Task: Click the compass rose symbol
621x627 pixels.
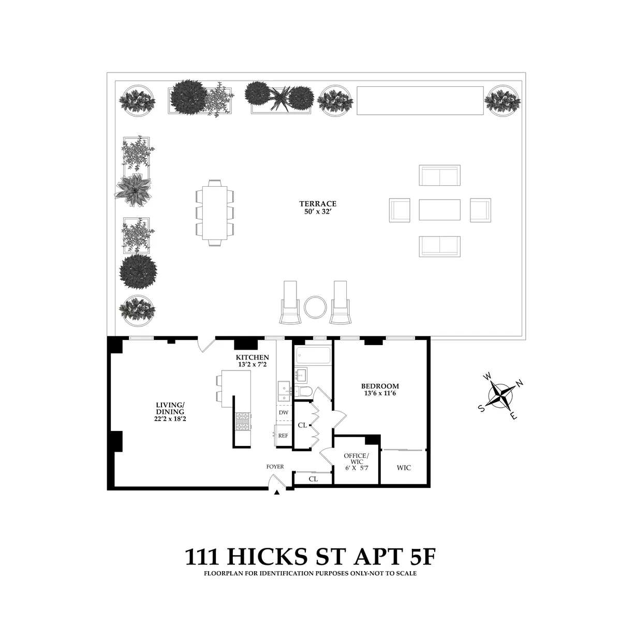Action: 500,396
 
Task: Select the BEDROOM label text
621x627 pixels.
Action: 380,386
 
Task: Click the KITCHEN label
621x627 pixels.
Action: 252,357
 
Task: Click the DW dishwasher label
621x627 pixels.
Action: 283,412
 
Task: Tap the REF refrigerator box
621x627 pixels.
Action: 283,436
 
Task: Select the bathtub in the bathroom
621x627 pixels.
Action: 313,355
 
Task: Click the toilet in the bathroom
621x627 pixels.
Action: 303,392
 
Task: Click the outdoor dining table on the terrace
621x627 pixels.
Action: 215,212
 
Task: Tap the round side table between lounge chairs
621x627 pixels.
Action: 315,307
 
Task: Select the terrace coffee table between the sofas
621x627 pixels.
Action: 439,210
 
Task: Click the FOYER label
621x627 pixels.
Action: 275,467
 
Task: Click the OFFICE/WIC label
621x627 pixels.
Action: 357,458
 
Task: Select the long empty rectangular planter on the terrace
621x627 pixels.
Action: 420,100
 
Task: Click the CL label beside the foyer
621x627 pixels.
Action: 313,479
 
